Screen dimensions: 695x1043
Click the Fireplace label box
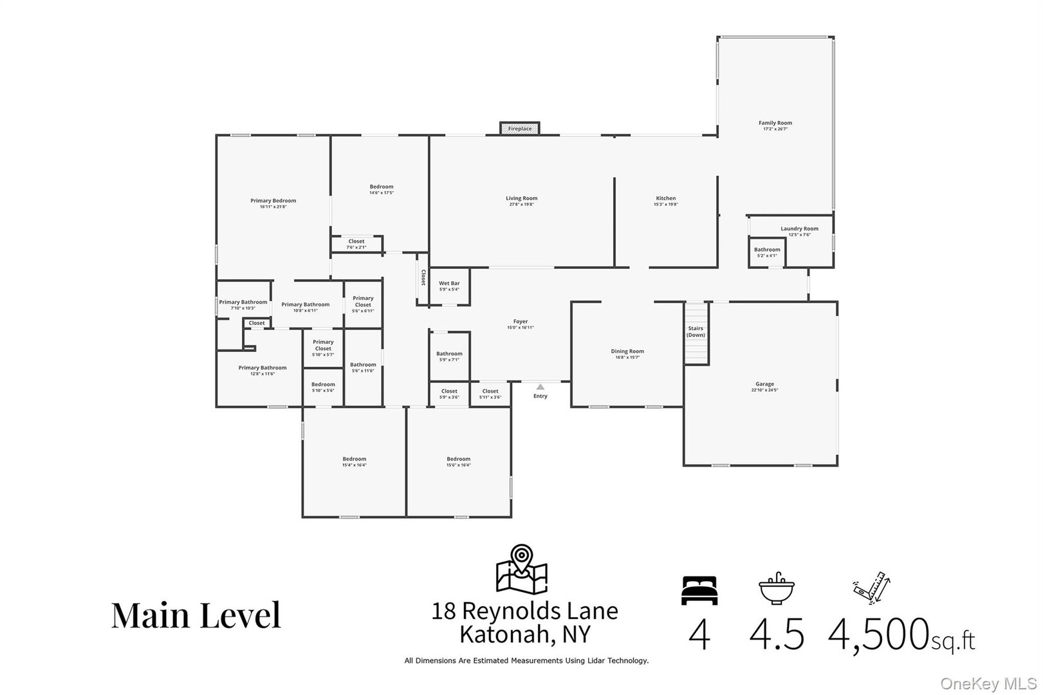point(520,129)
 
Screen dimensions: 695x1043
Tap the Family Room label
point(775,123)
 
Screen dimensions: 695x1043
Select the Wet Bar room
point(449,286)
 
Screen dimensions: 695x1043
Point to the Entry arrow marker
point(540,387)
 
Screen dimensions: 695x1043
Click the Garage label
point(764,384)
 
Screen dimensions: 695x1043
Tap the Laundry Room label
point(799,228)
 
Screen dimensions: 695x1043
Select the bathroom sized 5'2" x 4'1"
point(766,252)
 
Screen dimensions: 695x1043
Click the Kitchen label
point(665,198)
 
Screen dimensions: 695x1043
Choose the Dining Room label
point(627,351)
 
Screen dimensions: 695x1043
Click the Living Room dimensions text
point(521,205)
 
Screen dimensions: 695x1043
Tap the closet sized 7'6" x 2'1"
point(356,244)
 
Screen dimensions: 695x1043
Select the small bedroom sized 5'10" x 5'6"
point(323,387)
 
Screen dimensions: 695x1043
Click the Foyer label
point(521,322)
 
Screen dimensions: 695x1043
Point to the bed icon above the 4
point(699,591)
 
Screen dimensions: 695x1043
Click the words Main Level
point(196,615)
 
